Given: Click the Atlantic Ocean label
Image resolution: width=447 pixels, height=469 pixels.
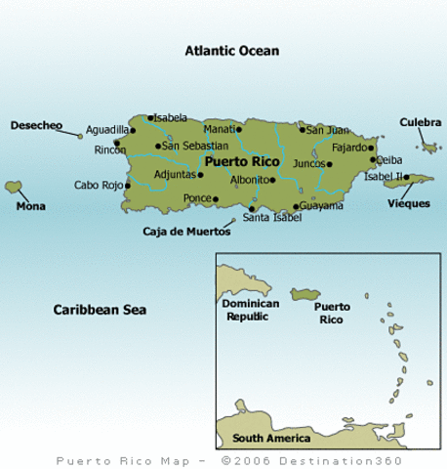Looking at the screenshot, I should pos(232,50).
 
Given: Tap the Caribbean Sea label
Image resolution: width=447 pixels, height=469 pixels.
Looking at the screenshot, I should pos(99,310).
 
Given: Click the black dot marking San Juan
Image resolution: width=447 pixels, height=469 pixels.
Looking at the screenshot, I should pos(303,129).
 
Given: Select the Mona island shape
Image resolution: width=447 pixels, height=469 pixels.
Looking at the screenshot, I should pos(14,186).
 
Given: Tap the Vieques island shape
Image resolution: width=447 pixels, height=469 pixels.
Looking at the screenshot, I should pos(408,180).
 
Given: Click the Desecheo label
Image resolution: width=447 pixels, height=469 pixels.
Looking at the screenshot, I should pos(36,125).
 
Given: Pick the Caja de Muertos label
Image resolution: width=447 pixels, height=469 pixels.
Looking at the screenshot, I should pos(186,232).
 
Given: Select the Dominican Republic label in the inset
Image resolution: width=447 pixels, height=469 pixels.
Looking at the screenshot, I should pos(251,310).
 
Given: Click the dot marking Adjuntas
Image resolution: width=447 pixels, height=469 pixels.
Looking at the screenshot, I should pos(200,176).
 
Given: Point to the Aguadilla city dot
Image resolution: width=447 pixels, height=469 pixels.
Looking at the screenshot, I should pos(128,129).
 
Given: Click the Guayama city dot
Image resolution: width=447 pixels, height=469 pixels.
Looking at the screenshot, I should pos(296,206).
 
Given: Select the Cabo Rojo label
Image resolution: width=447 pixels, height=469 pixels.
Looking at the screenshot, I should pos(99,185).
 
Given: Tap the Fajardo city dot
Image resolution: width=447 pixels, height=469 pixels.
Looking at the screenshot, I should pos(371,149).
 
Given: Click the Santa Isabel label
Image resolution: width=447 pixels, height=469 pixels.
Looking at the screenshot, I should pos(268,218).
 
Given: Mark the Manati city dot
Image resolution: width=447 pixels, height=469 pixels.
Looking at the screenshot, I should pos(238,129).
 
